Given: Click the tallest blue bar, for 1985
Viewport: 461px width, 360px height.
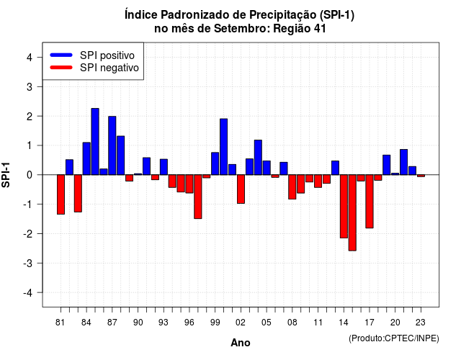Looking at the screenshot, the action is tap(95, 142).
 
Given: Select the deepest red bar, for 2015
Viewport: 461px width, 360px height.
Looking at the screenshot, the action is tap(352, 213).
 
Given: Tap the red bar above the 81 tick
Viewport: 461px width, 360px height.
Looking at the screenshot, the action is tap(61, 194).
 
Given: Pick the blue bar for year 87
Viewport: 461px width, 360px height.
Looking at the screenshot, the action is tap(112, 145).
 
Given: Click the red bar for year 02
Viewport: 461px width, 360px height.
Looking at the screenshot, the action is tap(241, 189).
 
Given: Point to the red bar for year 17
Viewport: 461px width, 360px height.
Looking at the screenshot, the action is tap(370, 202).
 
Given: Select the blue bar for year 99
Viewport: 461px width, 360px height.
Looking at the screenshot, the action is tap(215, 163).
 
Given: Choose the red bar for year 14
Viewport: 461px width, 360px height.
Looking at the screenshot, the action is tap(344, 207).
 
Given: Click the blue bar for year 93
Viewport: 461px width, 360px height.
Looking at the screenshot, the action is tap(164, 167).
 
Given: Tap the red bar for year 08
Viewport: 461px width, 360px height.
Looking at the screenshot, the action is tap(292, 187).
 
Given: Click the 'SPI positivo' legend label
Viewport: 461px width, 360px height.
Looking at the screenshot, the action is tap(107, 55).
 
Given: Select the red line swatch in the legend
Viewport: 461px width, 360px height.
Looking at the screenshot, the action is tap(61, 68).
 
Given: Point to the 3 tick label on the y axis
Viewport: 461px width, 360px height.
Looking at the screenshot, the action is tap(29, 87).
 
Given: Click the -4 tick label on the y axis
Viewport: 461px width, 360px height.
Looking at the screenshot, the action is tap(27, 293).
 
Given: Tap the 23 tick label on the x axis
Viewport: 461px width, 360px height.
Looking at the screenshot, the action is tap(421, 323).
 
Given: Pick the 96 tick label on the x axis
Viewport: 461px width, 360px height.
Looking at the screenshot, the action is tap(189, 323).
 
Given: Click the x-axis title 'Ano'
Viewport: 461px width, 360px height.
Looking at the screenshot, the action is tap(241, 343).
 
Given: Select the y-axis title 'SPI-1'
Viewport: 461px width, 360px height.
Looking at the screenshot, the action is tap(6, 175).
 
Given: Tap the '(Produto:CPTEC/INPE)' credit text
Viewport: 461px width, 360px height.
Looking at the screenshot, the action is tap(394, 338).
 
